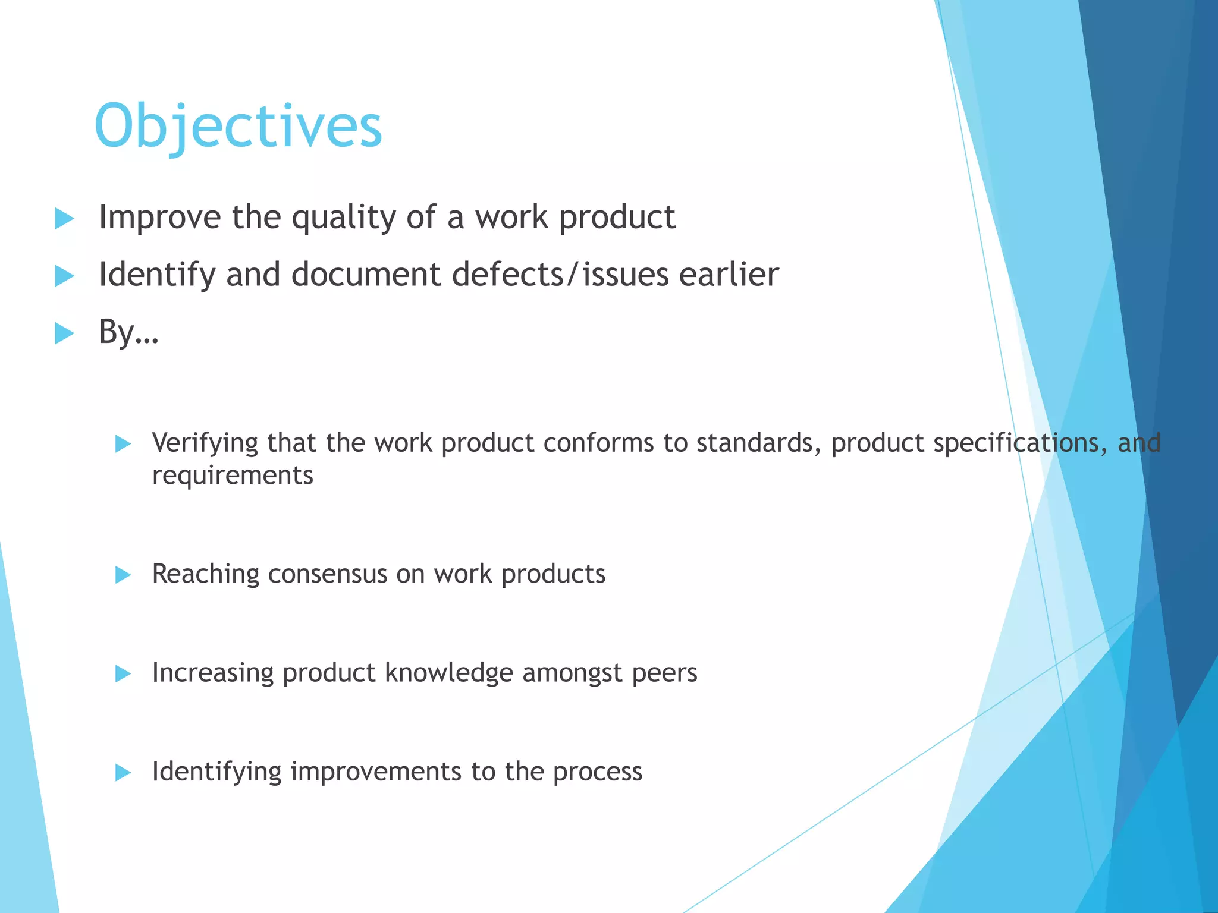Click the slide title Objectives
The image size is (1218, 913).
(238, 126)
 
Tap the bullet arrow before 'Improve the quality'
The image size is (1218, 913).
(64, 218)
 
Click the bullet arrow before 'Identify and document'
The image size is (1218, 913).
(64, 276)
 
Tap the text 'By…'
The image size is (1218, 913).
(128, 332)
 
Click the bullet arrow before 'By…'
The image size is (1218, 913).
(64, 333)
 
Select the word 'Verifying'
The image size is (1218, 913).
(205, 443)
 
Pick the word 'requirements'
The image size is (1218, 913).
(233, 476)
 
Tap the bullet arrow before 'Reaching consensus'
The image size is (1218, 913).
(123, 575)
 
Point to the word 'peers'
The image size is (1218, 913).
(664, 673)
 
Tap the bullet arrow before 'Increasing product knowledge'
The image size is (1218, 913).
(123, 673)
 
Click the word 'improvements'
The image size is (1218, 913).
(376, 772)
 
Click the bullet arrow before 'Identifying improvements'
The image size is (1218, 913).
(123, 772)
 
